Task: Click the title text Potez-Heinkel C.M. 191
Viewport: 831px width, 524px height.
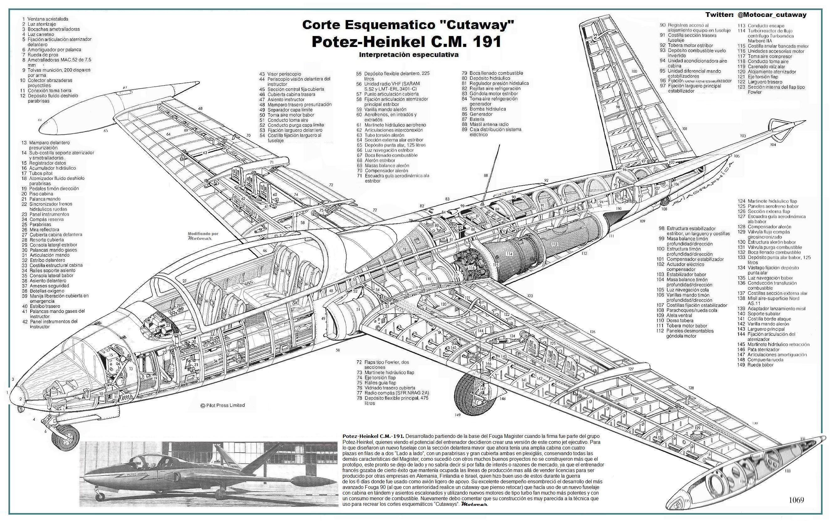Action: click(x=406, y=41)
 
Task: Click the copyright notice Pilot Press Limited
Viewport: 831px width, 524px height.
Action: click(x=223, y=405)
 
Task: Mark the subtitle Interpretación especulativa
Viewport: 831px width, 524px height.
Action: click(x=409, y=54)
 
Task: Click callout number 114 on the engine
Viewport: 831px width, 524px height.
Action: click(x=509, y=254)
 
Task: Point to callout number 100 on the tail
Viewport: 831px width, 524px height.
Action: click(x=634, y=71)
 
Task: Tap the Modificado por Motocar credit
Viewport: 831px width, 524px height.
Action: click(x=203, y=236)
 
